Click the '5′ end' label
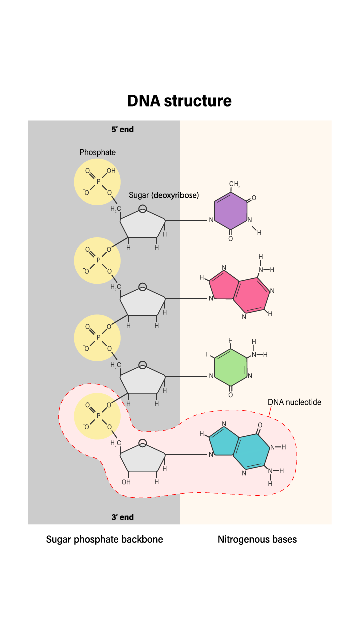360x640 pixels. (122, 129)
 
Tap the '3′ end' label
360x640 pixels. (122, 517)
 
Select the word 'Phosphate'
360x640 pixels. (98, 152)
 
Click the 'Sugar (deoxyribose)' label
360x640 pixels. (164, 195)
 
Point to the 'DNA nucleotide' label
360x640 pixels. (294, 402)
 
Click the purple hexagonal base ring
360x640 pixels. (231, 212)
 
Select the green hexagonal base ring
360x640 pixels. (231, 368)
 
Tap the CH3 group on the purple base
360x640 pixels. (234, 185)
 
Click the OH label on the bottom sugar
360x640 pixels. (126, 482)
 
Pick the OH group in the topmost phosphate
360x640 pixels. (111, 171)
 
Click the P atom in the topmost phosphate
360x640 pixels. (98, 182)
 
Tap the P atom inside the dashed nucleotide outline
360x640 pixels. (98, 416)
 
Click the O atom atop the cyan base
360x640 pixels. (260, 425)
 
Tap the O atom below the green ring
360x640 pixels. (230, 395)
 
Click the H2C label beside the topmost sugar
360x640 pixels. (116, 209)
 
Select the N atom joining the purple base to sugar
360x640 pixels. (211, 220)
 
